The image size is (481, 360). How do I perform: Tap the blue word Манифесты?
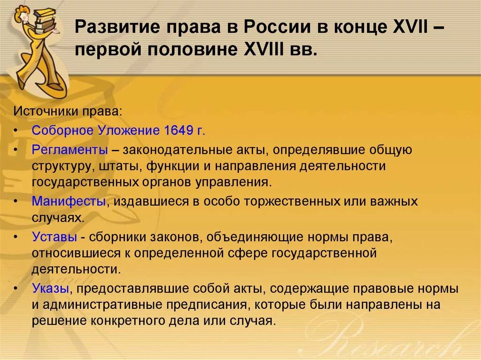pyautogui.click(x=69, y=201)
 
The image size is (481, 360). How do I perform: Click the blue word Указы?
pyautogui.click(x=51, y=288)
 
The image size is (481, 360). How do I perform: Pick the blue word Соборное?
pyautogui.click(x=63, y=130)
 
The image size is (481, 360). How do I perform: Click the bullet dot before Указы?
pyautogui.click(x=16, y=289)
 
